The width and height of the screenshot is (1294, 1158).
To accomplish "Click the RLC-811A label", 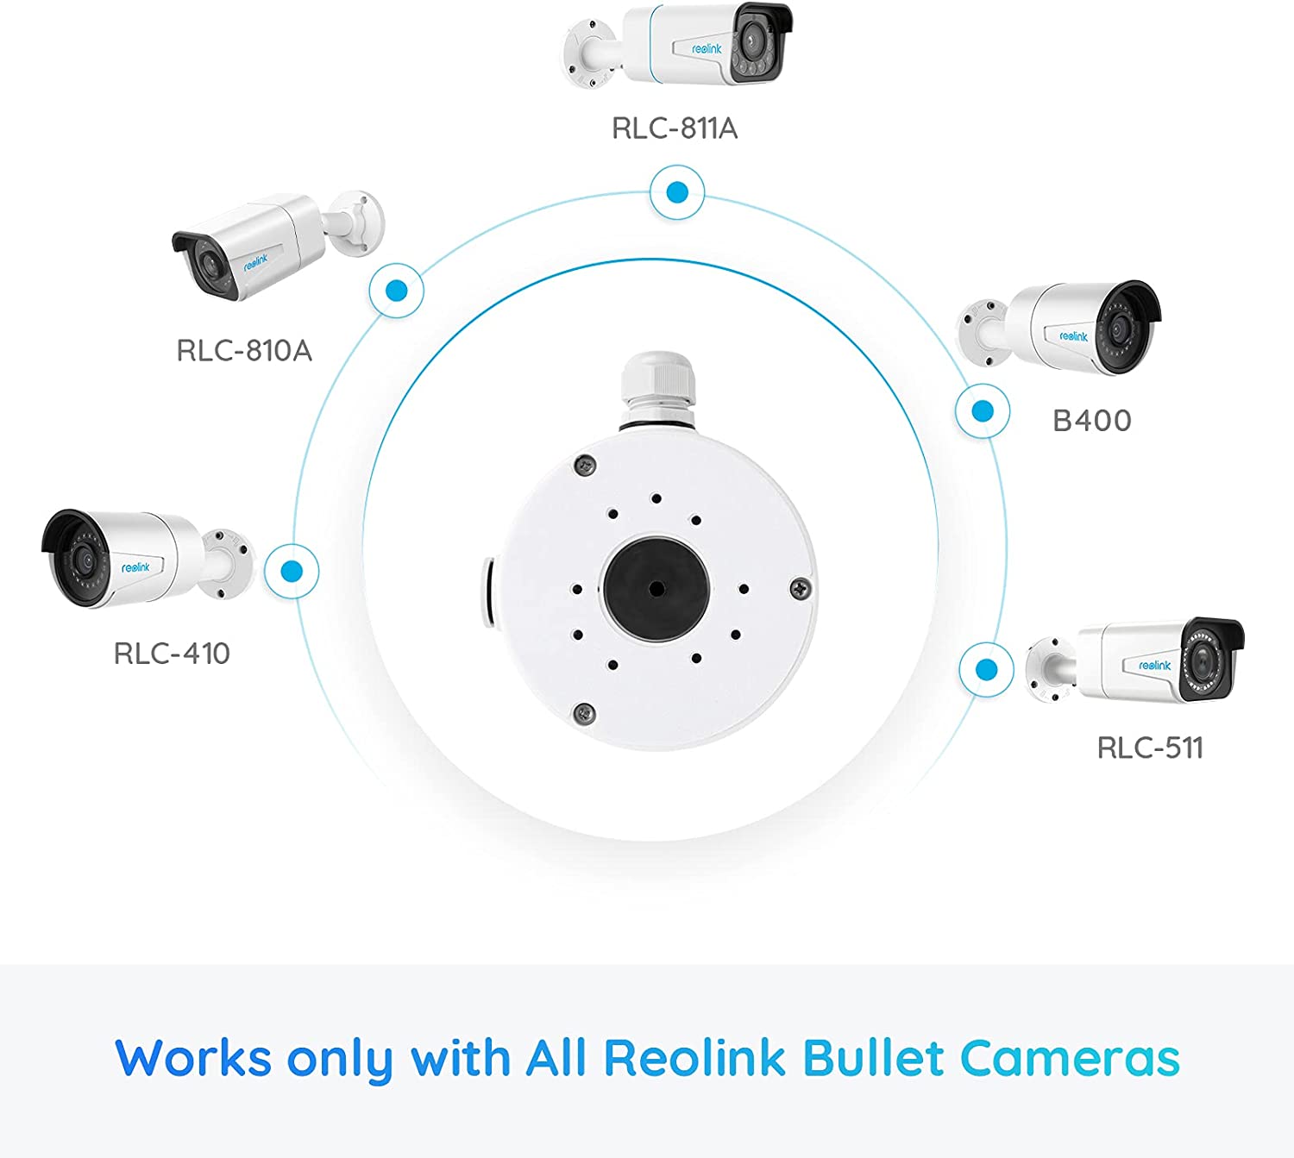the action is click(x=675, y=128).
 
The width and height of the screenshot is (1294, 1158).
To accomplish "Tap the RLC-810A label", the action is click(x=244, y=351).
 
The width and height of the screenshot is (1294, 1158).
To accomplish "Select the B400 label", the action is click(x=1091, y=421).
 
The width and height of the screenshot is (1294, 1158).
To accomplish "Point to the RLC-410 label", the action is click(x=172, y=654).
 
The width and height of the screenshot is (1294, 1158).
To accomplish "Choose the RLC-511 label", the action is click(x=1150, y=748).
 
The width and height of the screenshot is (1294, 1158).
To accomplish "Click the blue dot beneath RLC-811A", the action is click(x=677, y=192).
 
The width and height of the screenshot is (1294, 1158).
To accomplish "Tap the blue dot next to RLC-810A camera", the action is click(x=397, y=291).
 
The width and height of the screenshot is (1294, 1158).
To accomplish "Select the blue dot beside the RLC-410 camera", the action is click(x=292, y=571).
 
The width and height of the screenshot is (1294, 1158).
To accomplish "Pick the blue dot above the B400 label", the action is click(x=983, y=411).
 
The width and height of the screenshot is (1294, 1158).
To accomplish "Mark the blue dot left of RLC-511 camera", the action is click(x=987, y=670).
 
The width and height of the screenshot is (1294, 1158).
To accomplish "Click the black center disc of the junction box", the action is click(x=656, y=589).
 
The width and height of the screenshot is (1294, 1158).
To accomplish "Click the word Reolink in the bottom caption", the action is click(x=694, y=1059).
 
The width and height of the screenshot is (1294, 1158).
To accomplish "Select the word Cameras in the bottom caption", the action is click(x=1070, y=1059).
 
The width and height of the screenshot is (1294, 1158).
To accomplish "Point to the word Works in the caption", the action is click(x=193, y=1059).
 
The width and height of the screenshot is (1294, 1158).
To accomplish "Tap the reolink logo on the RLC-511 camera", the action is click(x=1155, y=665).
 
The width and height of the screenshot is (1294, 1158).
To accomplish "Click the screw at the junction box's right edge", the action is click(x=801, y=588).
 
